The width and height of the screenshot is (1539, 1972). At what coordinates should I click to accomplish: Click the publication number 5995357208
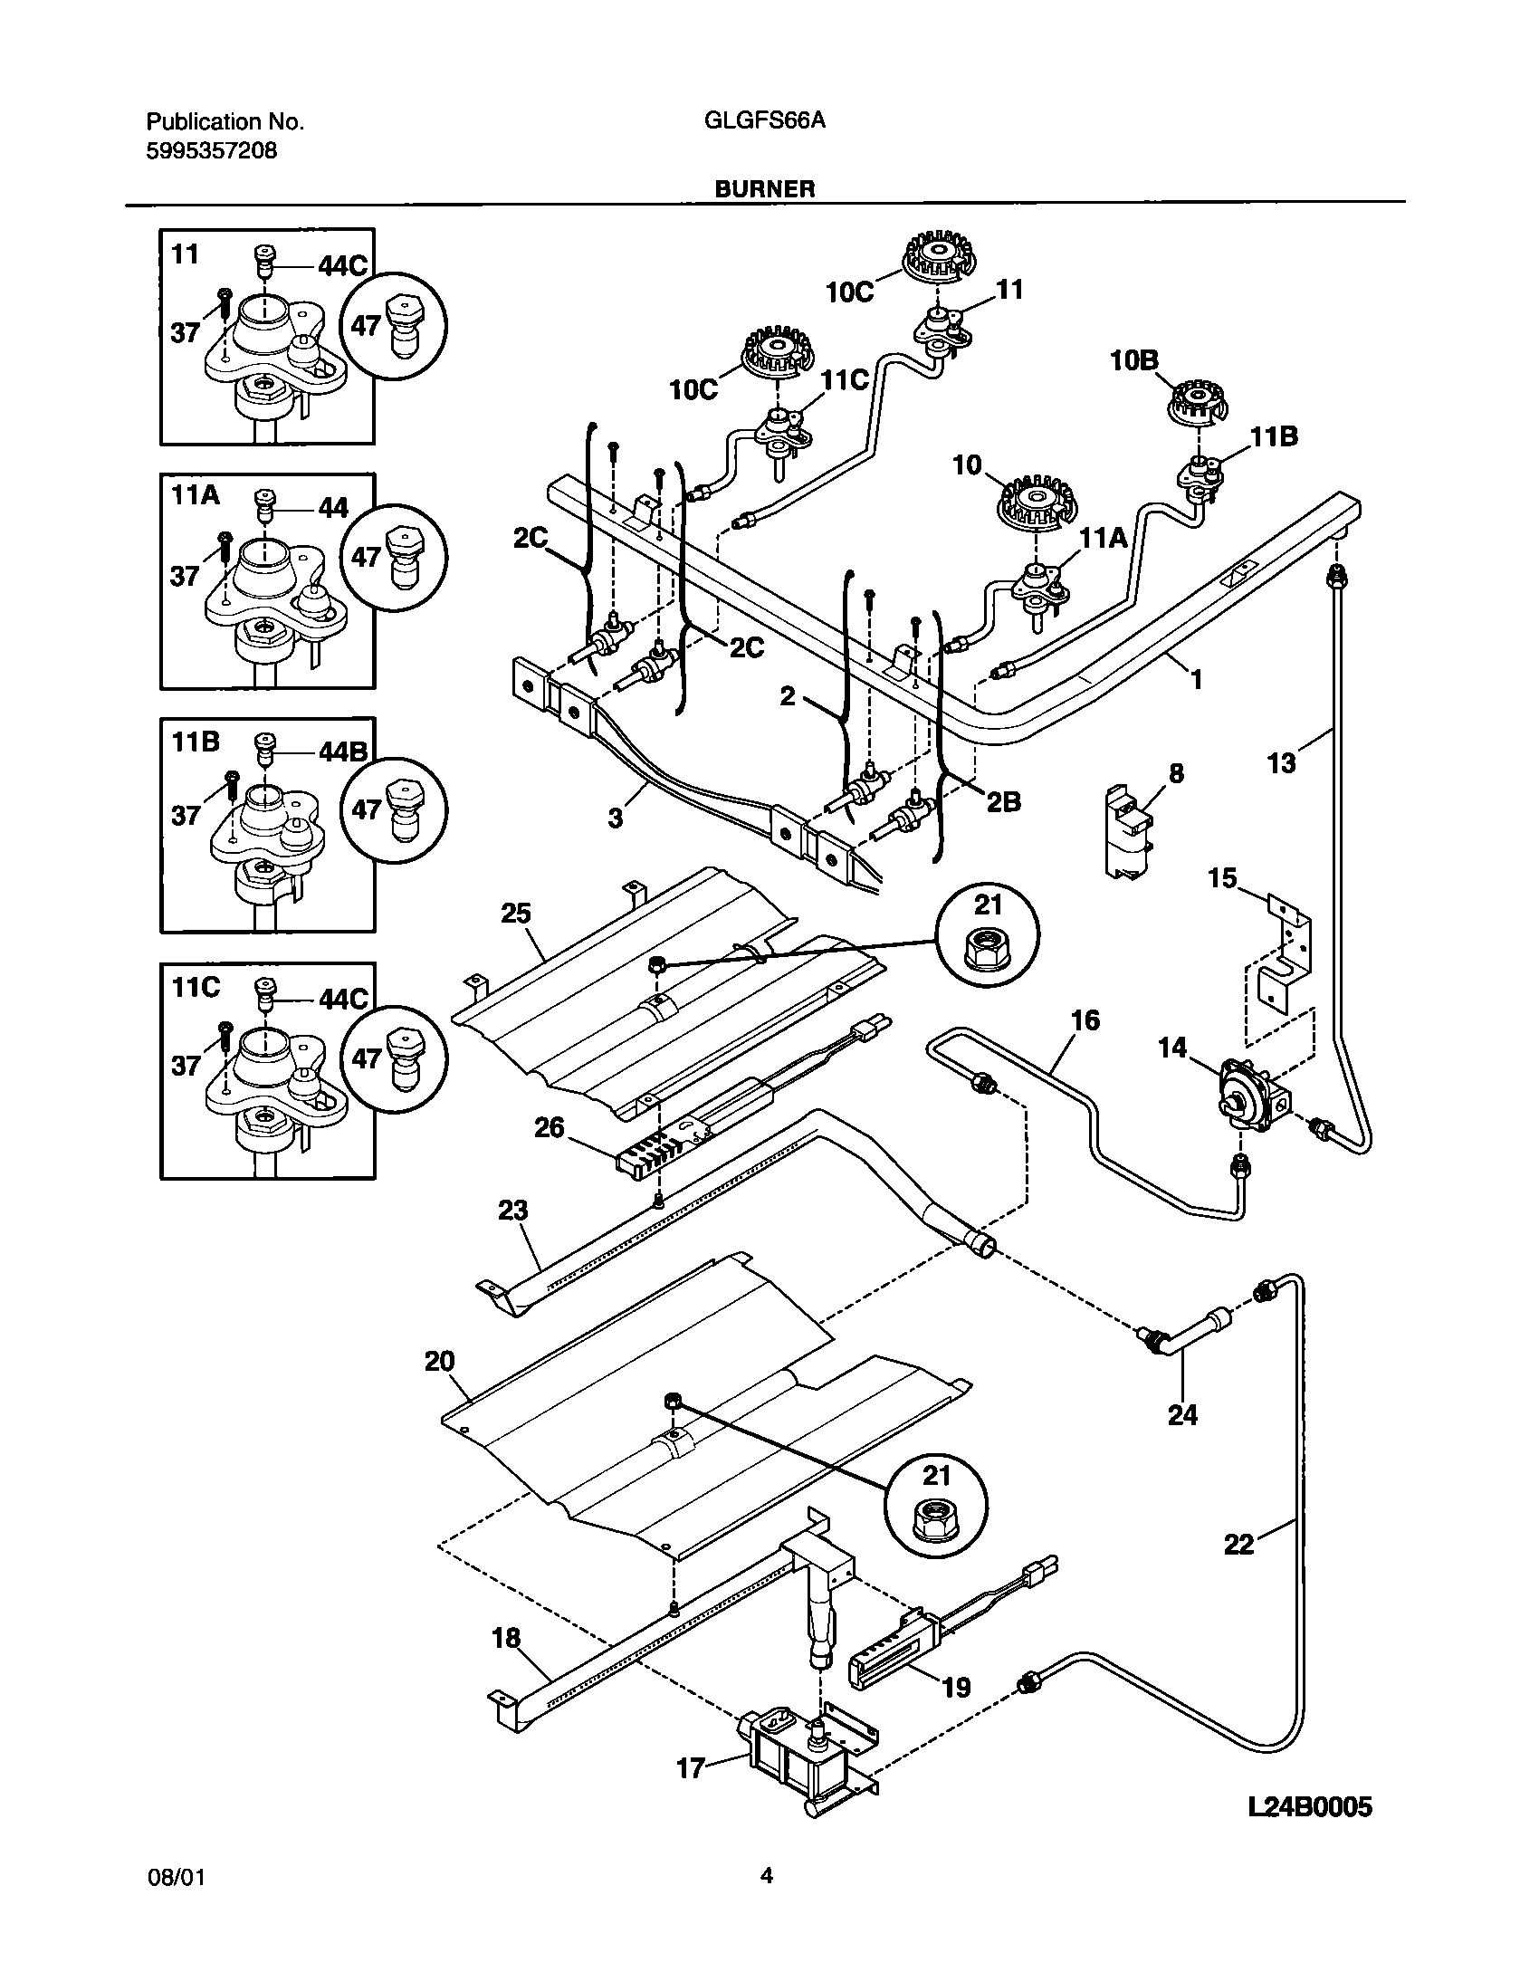(x=211, y=151)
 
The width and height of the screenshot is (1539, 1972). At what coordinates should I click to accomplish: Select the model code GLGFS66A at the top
(x=764, y=121)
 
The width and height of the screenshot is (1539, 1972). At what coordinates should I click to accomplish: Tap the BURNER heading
(x=765, y=188)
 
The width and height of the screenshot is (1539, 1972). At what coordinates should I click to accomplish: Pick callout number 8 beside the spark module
(x=1176, y=774)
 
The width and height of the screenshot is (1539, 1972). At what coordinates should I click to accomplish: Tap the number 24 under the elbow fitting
(x=1182, y=1414)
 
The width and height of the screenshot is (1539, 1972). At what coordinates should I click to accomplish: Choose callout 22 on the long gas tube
(x=1238, y=1544)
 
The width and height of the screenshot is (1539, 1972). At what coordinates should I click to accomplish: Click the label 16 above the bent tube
(x=1085, y=1020)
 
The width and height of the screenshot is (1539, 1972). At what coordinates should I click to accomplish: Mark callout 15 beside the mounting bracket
(x=1223, y=877)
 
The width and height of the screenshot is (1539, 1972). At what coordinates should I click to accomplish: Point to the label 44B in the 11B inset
(x=344, y=751)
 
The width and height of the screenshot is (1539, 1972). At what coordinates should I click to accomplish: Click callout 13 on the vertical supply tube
(x=1282, y=763)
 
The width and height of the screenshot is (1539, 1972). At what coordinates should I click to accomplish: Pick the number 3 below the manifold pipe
(x=616, y=818)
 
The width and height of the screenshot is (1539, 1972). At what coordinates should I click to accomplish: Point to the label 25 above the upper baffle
(x=516, y=914)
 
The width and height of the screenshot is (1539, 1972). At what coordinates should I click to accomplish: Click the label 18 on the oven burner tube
(x=507, y=1637)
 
